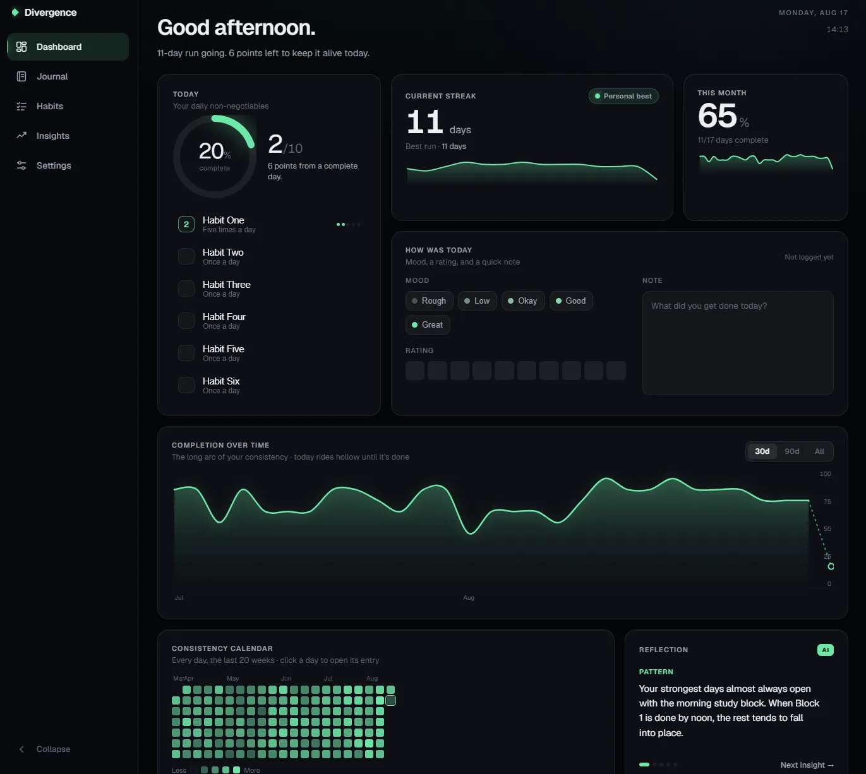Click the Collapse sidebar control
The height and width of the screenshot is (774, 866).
pyautogui.click(x=44, y=749)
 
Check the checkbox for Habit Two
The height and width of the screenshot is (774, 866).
pyautogui.click(x=186, y=256)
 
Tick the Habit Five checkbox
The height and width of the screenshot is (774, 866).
pyautogui.click(x=186, y=353)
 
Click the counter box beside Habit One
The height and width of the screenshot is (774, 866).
pyautogui.click(x=186, y=224)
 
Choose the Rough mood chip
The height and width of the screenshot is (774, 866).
pyautogui.click(x=429, y=301)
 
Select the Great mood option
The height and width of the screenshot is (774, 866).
pyautogui.click(x=428, y=324)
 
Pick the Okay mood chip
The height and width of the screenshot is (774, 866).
pyautogui.click(x=523, y=301)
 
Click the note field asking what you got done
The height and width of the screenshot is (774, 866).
pyautogui.click(x=738, y=343)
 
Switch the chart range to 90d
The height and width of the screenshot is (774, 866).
pyautogui.click(x=791, y=451)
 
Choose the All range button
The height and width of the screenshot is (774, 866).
pyautogui.click(x=819, y=451)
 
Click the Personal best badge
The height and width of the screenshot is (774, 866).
pyautogui.click(x=623, y=96)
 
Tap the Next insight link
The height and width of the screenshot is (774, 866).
pyautogui.click(x=807, y=765)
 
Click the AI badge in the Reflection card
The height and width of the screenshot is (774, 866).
pyautogui.click(x=826, y=650)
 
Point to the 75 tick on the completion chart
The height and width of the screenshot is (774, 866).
pyautogui.click(x=827, y=501)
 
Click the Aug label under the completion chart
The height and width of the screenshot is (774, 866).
pyautogui.click(x=469, y=598)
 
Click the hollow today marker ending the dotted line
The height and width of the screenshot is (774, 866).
pyautogui.click(x=831, y=566)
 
